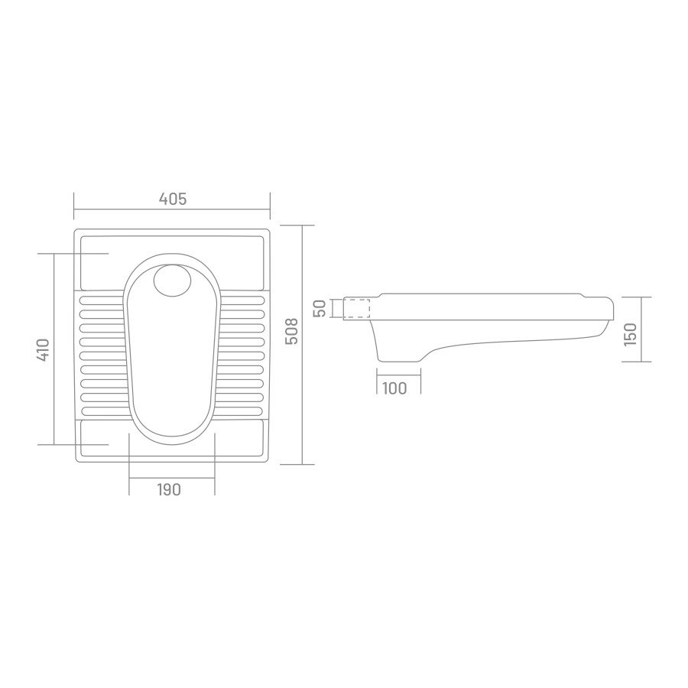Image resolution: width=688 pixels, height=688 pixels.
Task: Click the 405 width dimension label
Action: coord(173,200)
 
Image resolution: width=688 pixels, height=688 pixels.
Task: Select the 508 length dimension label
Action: coord(291,331)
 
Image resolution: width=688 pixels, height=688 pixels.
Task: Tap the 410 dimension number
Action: coord(43,349)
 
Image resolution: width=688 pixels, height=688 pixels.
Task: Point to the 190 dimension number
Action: coord(169,489)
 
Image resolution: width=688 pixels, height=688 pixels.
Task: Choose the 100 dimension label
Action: coord(394,388)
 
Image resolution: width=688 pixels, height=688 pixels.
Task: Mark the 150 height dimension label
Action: coord(630,334)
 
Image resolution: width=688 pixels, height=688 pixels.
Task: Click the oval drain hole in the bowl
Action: coord(173,281)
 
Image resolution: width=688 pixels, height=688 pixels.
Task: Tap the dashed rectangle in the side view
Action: coord(356,308)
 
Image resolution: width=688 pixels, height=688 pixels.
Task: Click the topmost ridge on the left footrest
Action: coord(102,301)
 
